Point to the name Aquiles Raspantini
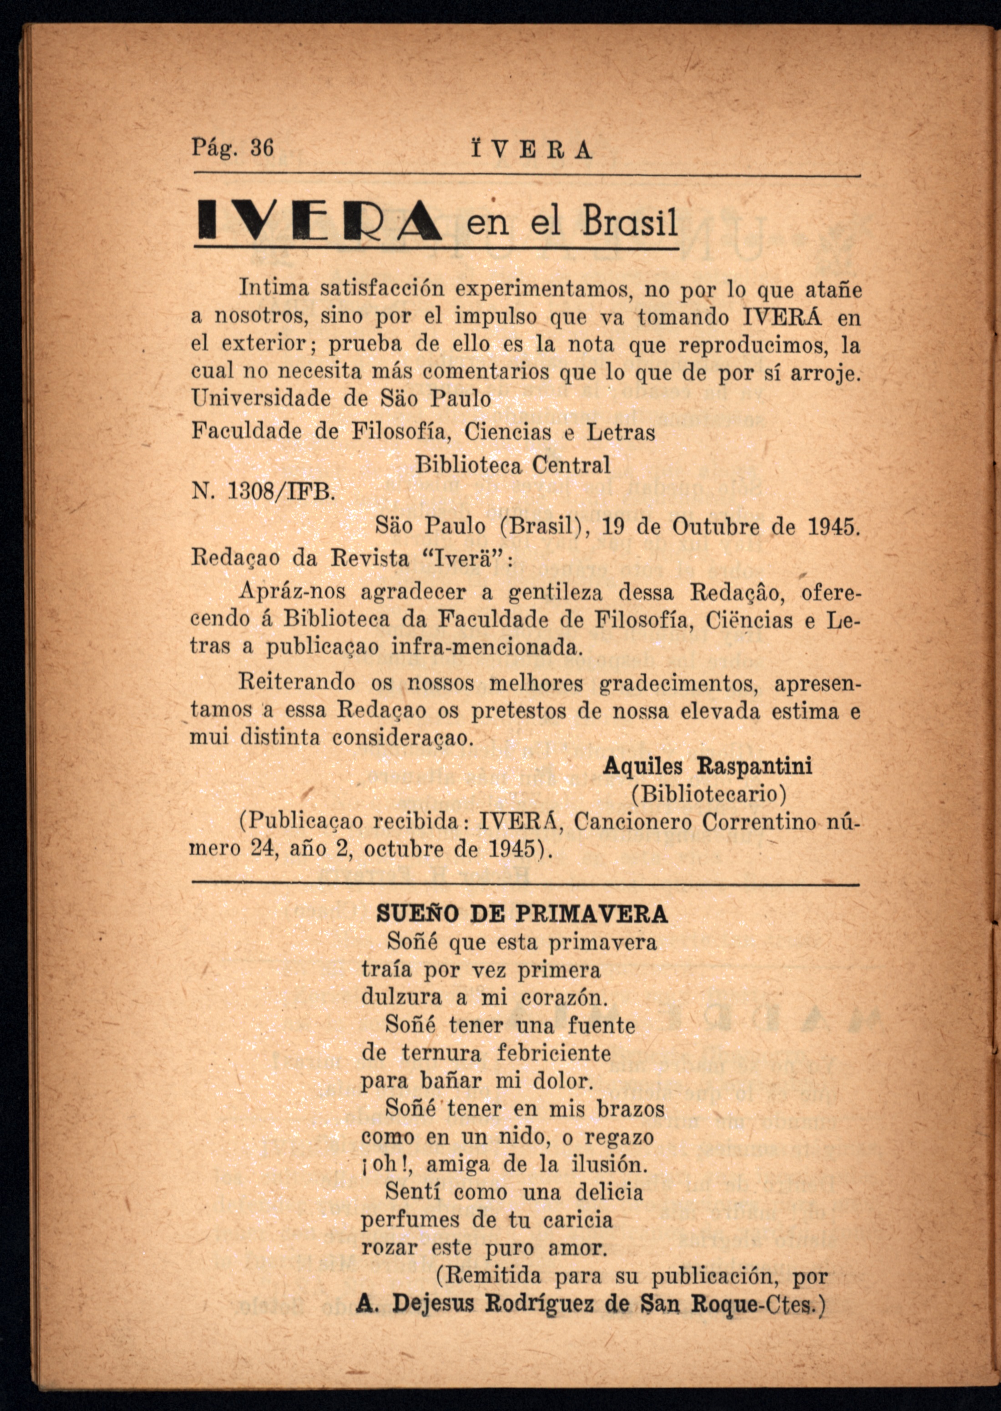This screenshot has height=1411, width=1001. click(707, 766)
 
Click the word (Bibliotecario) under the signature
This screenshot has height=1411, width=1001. click(709, 794)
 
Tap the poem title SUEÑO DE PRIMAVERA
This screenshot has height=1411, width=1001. click(521, 914)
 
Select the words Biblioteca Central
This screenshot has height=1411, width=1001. click(513, 465)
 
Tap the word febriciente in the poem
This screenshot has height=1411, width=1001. click(554, 1053)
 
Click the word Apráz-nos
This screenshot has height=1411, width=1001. click(292, 592)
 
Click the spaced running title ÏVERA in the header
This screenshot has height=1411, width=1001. click(531, 150)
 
